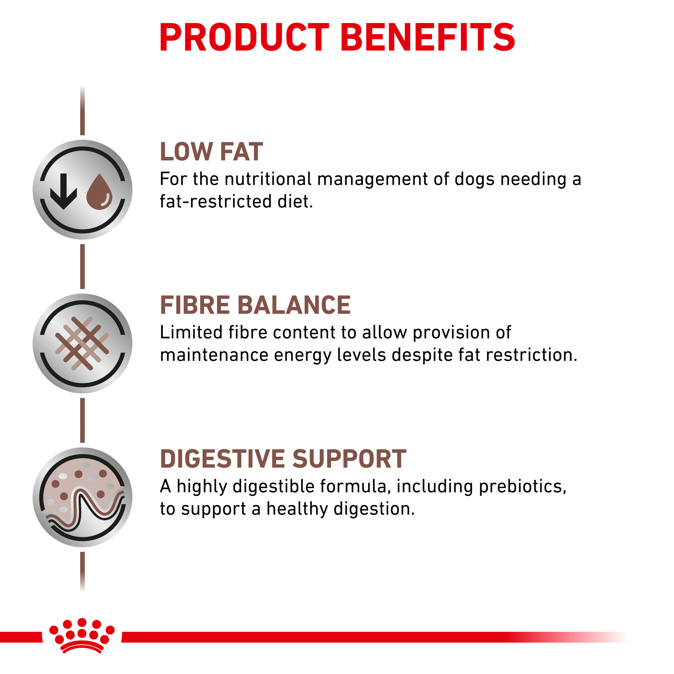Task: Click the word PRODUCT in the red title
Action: click(x=244, y=37)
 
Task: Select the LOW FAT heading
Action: click(x=211, y=152)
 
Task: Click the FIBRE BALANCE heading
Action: click(x=255, y=305)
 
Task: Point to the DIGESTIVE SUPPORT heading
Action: click(x=283, y=459)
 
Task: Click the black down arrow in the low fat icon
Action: click(x=63, y=192)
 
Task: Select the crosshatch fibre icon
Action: click(x=82, y=343)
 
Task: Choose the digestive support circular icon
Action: click(x=82, y=497)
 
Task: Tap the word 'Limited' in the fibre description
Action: click(x=191, y=333)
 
